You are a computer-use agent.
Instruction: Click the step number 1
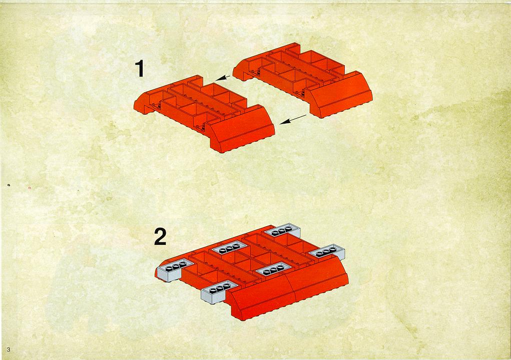[x=140, y=69]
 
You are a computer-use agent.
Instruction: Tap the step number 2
[x=160, y=236]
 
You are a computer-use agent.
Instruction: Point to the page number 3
[x=9, y=349]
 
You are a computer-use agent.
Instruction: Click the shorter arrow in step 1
[x=223, y=78]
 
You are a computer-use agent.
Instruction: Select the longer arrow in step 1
[x=293, y=119]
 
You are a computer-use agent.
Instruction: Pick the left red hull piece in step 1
[x=204, y=113]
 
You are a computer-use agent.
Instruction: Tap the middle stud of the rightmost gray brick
[x=326, y=250]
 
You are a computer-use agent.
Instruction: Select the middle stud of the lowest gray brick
[x=219, y=287]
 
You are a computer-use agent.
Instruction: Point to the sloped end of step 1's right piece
[x=341, y=95]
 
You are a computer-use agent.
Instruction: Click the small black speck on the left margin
[x=9, y=185]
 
